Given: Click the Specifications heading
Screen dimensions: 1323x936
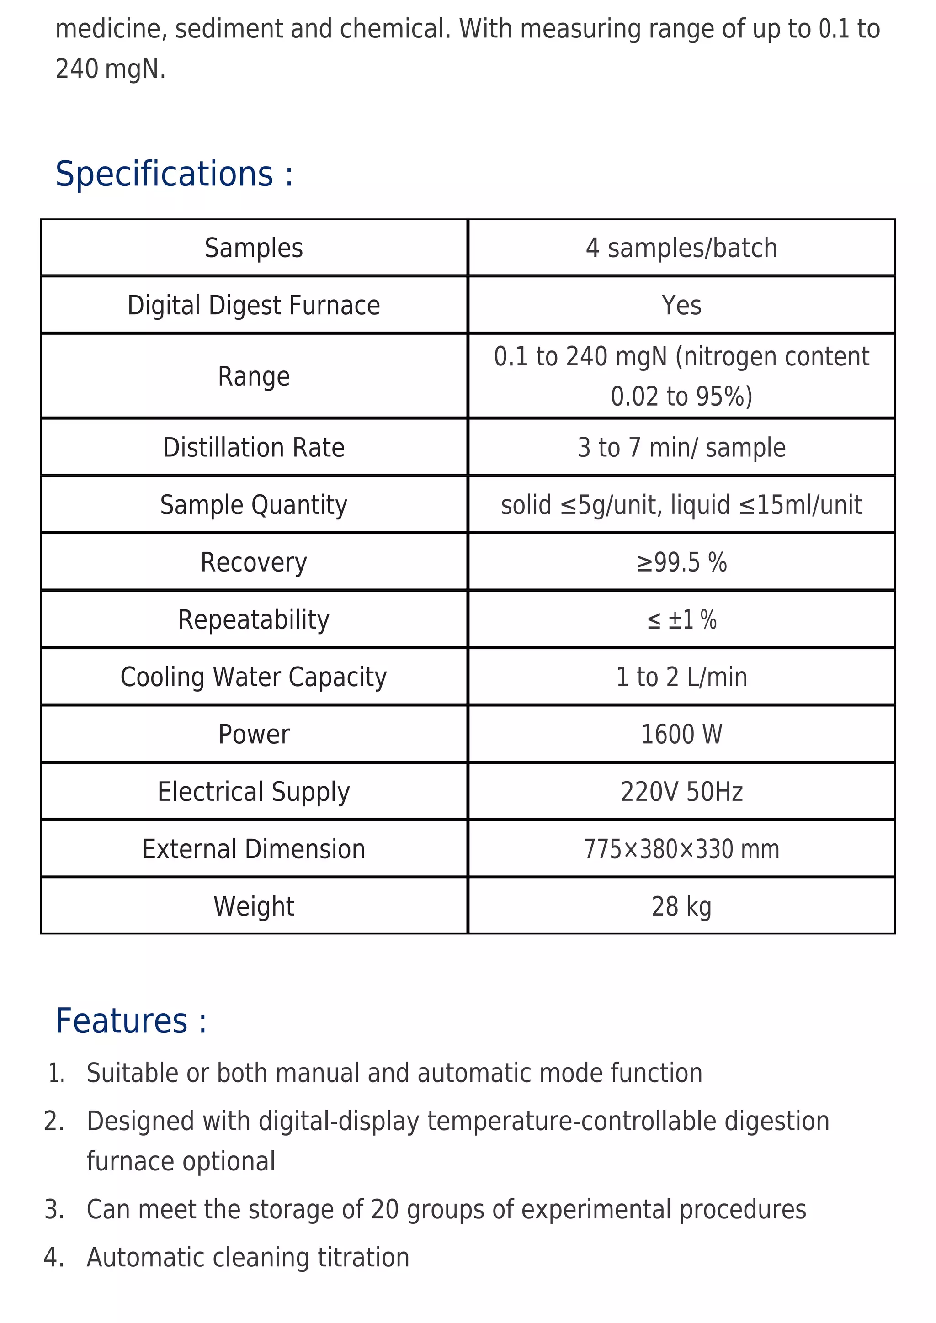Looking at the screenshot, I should (x=174, y=174).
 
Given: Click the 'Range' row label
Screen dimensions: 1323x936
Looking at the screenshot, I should (x=254, y=377).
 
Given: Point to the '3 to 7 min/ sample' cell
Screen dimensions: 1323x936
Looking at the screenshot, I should (x=681, y=448).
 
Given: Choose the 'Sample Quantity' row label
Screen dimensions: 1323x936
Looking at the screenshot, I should (x=254, y=505).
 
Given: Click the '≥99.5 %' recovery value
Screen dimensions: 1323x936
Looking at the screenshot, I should (x=681, y=562).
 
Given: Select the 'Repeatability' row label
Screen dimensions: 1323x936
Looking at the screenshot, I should (x=254, y=620).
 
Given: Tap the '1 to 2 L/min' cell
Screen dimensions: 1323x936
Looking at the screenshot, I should (x=681, y=677).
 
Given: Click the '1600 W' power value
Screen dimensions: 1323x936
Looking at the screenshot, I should (x=681, y=735).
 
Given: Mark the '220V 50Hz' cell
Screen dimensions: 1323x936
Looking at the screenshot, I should (x=681, y=792).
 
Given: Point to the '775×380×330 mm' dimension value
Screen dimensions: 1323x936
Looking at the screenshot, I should (x=681, y=849).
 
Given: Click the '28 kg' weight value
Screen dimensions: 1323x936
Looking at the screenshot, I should (x=681, y=906).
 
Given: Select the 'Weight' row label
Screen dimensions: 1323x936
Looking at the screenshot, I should (x=254, y=906).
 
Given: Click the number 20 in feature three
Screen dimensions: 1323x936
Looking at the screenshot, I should (x=384, y=1210).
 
